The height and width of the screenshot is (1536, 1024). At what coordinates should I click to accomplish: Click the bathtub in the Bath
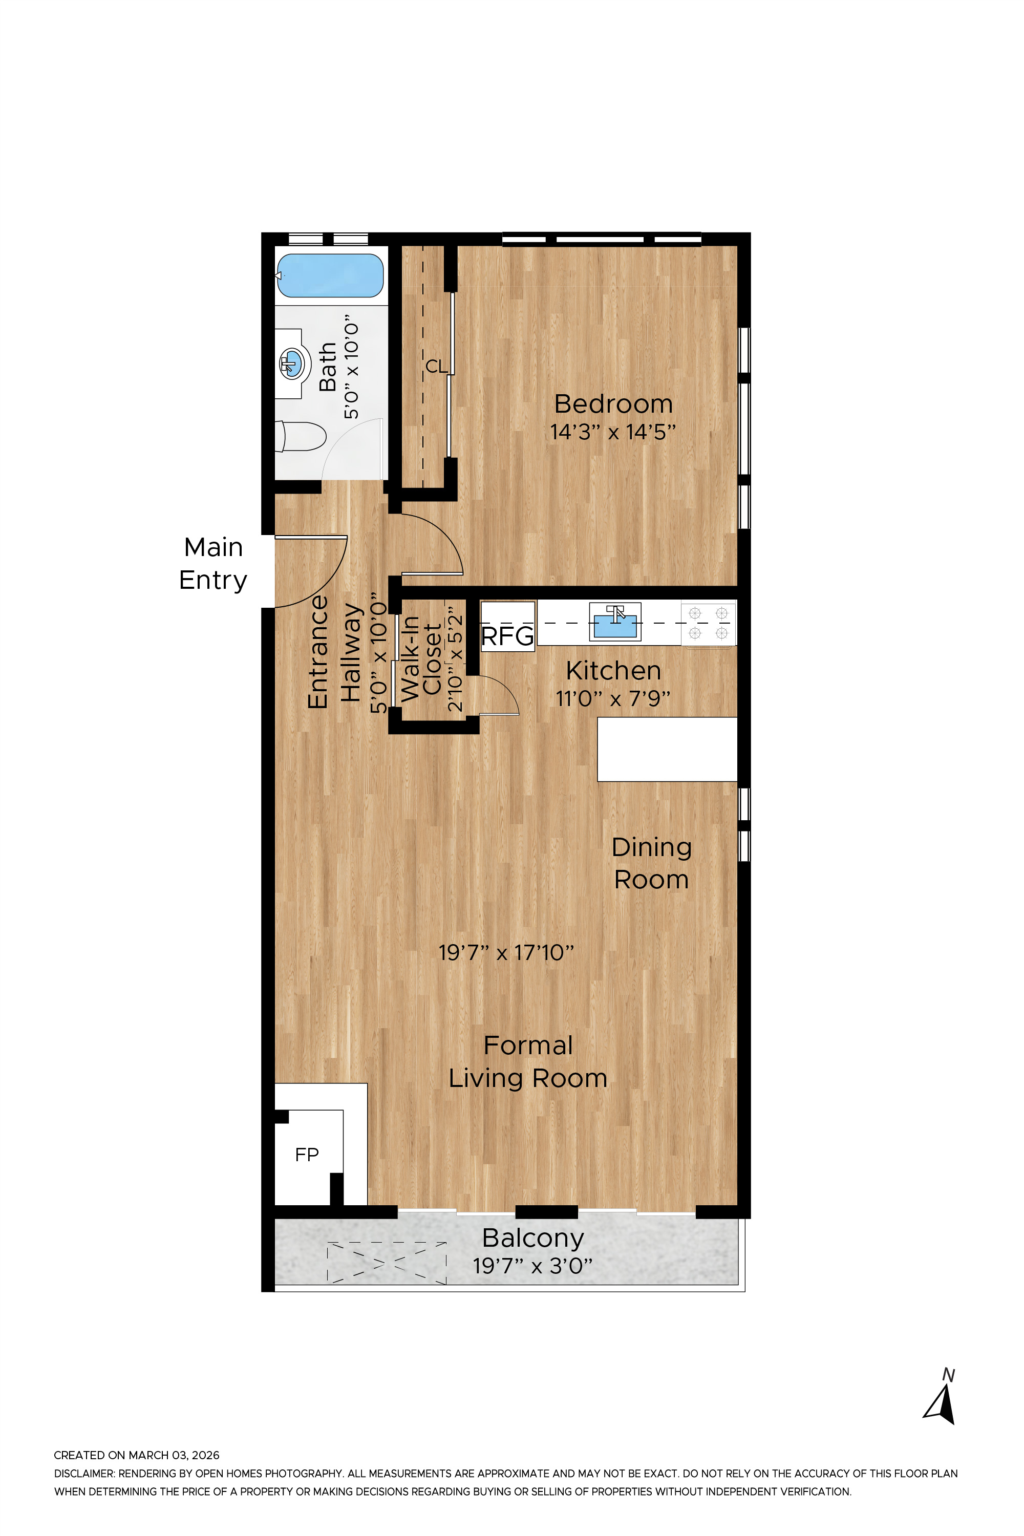[x=330, y=275]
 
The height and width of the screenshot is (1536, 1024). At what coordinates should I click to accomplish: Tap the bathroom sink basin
[x=291, y=363]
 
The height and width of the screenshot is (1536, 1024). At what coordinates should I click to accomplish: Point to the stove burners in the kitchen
[x=709, y=623]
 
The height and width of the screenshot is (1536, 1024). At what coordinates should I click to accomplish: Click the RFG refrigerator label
[x=507, y=636]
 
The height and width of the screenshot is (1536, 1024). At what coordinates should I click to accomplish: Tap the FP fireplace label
[x=307, y=1155]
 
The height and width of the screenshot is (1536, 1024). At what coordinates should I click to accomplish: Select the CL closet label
[x=436, y=367]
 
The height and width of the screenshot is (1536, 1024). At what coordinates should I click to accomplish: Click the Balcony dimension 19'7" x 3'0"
[x=532, y=1266]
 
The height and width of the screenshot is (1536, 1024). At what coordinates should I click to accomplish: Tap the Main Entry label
[x=213, y=564]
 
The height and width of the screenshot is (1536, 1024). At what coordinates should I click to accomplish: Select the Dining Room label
[x=651, y=863]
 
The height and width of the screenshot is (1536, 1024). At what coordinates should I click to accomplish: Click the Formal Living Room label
[x=528, y=1062]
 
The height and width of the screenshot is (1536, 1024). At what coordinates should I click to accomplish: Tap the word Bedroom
[x=613, y=404]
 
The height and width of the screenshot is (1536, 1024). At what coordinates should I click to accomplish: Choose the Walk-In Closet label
[x=421, y=659]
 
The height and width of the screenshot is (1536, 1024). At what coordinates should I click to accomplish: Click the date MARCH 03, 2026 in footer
[x=174, y=1455]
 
